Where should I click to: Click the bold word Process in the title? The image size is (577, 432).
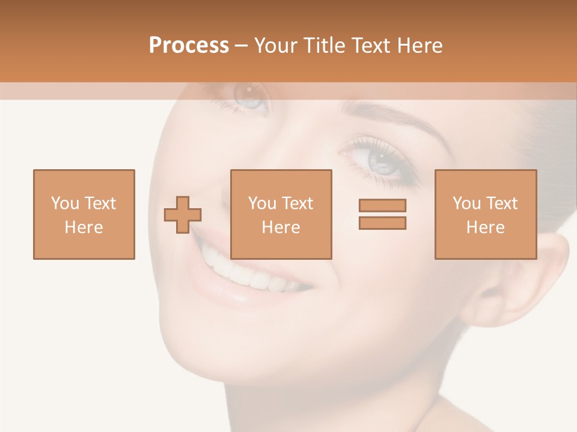[x=189, y=46]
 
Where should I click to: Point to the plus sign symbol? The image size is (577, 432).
[x=183, y=215]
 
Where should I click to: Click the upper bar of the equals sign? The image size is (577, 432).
[x=382, y=206]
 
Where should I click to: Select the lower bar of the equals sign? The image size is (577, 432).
[x=382, y=223]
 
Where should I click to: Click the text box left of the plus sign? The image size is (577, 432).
[x=84, y=214]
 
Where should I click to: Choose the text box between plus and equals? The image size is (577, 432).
[x=281, y=214]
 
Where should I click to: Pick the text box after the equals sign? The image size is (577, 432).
[x=486, y=214]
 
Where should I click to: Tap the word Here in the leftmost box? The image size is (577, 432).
[x=84, y=227]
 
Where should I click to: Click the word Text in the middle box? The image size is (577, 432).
[x=298, y=203]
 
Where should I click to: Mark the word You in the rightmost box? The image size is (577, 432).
[x=466, y=203]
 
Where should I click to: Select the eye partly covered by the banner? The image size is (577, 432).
[x=249, y=96]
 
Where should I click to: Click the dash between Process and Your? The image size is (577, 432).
[x=241, y=46]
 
